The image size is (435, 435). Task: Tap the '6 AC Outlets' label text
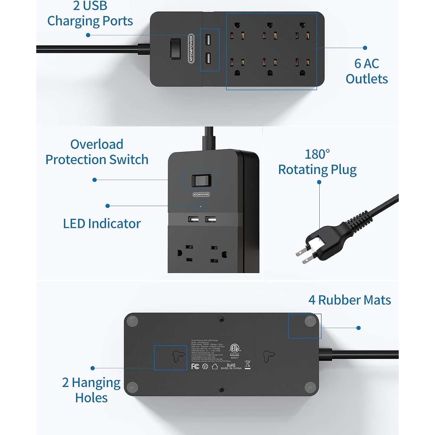click(x=366, y=71)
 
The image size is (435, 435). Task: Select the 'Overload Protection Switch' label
click(x=97, y=152)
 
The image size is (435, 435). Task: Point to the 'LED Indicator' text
click(x=102, y=224)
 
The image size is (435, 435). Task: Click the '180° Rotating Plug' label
click(x=317, y=162)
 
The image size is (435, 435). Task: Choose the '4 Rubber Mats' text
click(x=350, y=300)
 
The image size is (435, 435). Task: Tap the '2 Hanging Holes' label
click(x=91, y=390)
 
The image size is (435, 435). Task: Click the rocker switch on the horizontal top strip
click(x=175, y=49)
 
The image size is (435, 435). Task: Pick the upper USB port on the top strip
click(x=208, y=40)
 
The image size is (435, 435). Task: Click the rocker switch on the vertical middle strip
click(x=200, y=181)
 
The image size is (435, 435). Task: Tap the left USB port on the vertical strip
click(x=193, y=219)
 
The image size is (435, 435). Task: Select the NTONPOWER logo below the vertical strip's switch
click(x=201, y=195)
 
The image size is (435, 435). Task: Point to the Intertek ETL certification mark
click(x=234, y=350)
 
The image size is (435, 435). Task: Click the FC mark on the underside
click(x=195, y=366)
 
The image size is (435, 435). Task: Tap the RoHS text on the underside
click(x=231, y=365)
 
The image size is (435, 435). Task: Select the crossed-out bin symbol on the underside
click(x=247, y=365)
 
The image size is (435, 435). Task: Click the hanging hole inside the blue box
click(x=178, y=356)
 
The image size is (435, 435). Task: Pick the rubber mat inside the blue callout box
click(x=310, y=321)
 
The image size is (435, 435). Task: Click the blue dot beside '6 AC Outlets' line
click(x=365, y=48)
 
